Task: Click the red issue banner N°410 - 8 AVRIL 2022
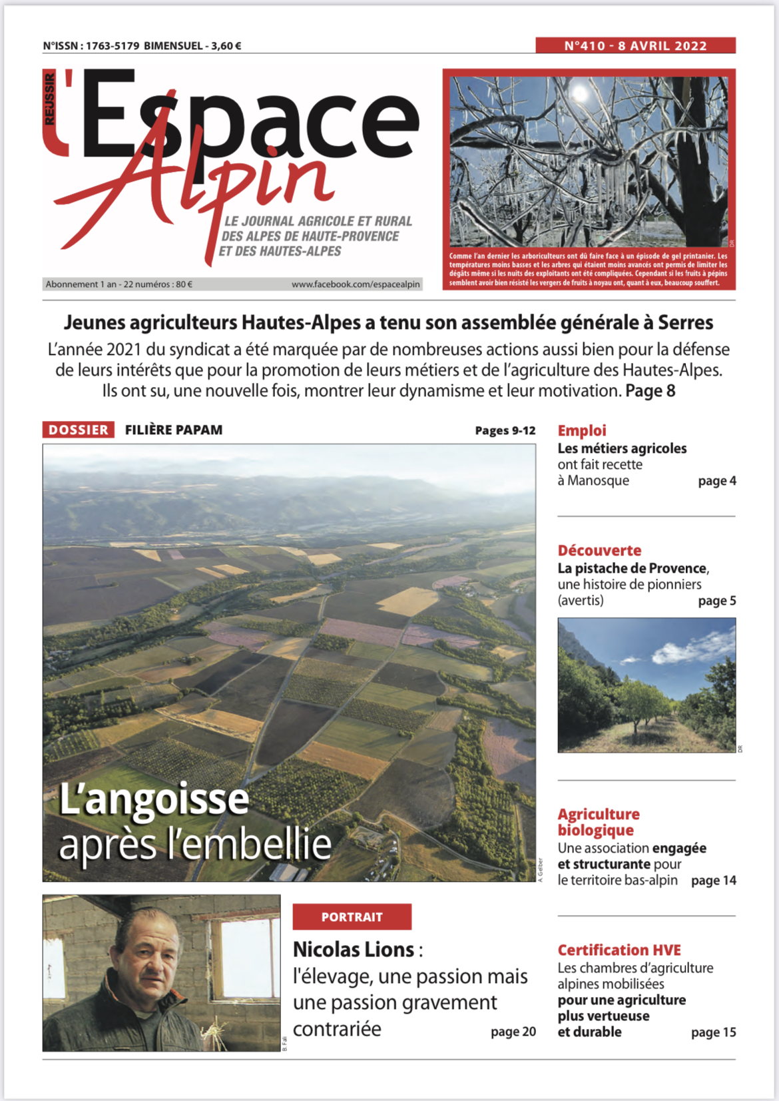(635, 45)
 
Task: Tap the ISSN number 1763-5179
(113, 46)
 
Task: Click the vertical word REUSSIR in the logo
(50, 99)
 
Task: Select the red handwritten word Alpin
(220, 183)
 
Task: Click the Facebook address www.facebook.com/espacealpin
(356, 284)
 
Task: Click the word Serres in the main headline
(685, 323)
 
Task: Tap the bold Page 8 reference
(650, 391)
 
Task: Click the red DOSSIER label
(78, 430)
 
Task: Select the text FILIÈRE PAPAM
(174, 430)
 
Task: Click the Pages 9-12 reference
(505, 431)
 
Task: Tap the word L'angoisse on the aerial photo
(154, 799)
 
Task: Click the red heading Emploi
(581, 431)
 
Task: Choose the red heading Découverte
(599, 551)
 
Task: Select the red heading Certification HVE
(619, 950)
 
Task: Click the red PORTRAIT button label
(352, 917)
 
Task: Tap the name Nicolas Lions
(354, 949)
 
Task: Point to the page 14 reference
(714, 881)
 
